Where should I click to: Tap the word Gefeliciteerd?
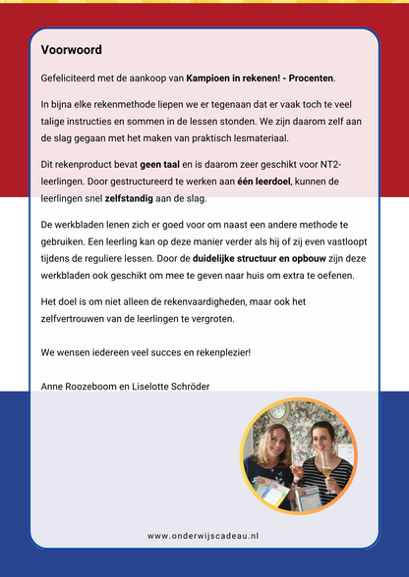[70, 78]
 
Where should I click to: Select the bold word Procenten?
[307, 78]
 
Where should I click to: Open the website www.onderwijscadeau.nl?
[204, 536]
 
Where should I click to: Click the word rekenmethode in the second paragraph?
[138, 103]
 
